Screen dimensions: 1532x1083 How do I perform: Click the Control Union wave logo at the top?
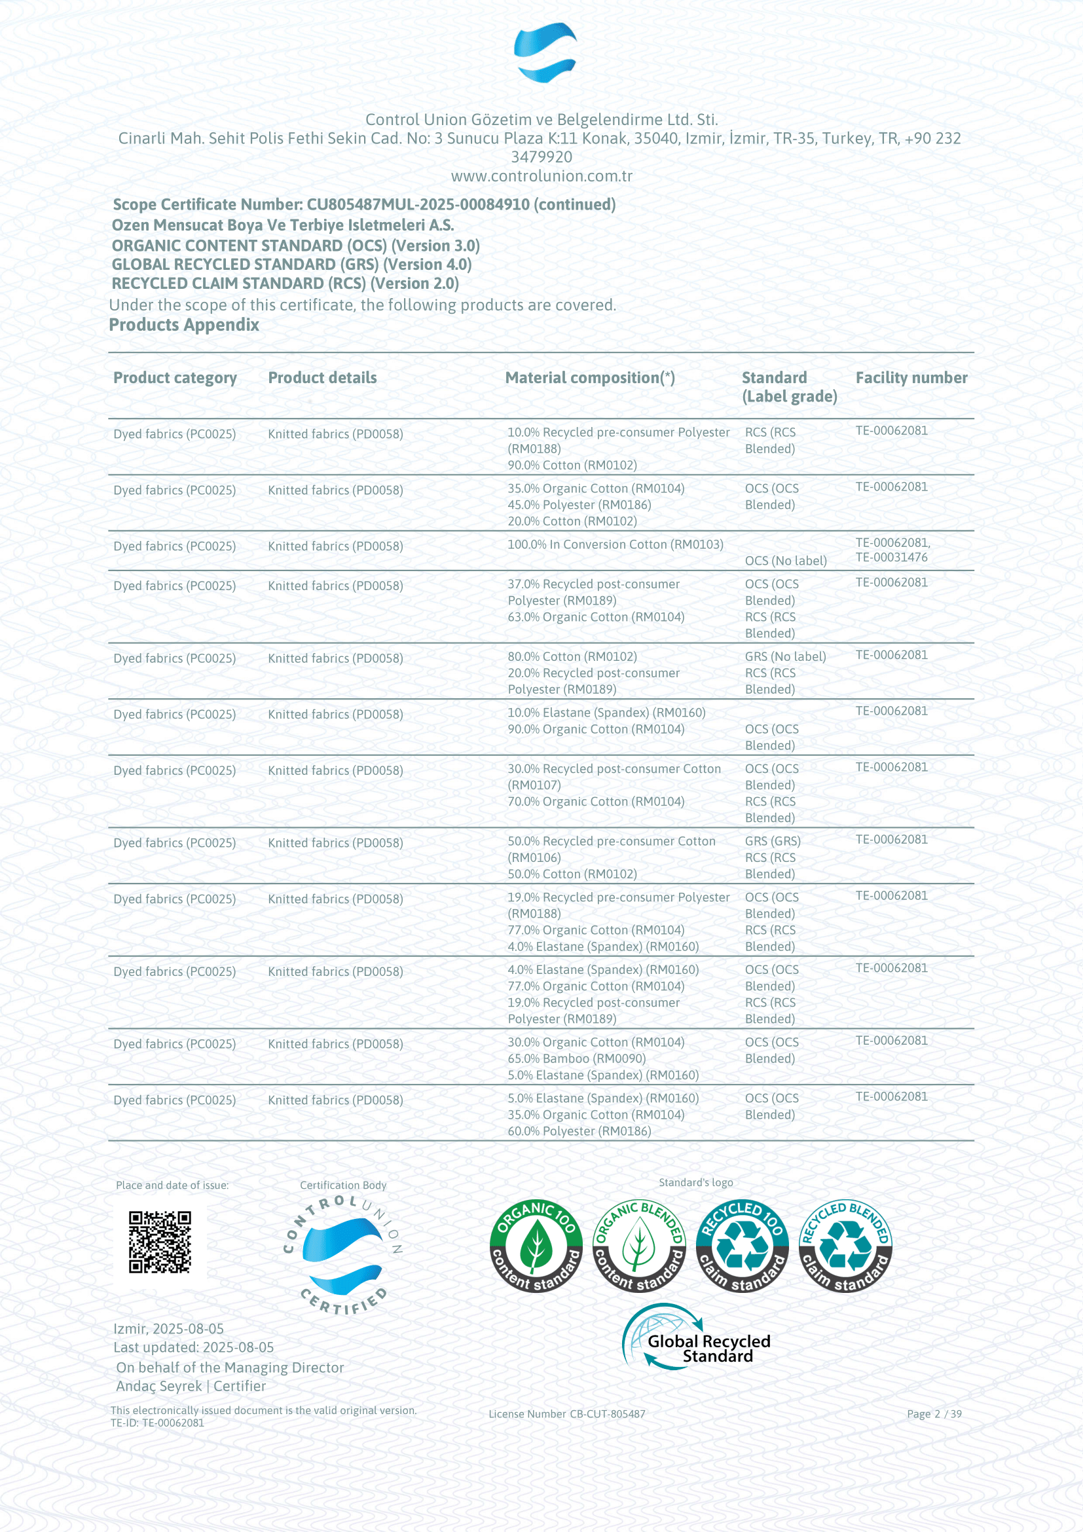[545, 52]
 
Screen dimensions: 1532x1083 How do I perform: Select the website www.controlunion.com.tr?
[541, 176]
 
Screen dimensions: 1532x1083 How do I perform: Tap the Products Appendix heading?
[184, 325]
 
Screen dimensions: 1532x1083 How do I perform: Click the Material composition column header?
[589, 378]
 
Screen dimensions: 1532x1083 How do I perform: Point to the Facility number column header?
[911, 378]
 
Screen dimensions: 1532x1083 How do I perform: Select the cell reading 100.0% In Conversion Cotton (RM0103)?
[615, 544]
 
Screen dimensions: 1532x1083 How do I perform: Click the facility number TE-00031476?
[891, 557]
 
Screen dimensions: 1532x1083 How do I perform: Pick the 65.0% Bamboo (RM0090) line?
[576, 1058]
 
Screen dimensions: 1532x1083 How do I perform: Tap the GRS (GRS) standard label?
[772, 841]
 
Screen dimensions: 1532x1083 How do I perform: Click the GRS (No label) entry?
[785, 656]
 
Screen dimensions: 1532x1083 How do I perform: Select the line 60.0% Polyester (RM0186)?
[579, 1131]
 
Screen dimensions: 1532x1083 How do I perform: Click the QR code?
[160, 1242]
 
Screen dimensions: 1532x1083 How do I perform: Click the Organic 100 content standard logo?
[536, 1246]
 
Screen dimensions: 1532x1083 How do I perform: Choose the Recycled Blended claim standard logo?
[845, 1246]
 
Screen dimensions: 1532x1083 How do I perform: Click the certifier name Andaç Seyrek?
[158, 1386]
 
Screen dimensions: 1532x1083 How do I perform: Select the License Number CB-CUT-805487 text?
[567, 1413]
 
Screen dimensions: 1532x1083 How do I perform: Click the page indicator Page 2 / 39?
[934, 1413]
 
